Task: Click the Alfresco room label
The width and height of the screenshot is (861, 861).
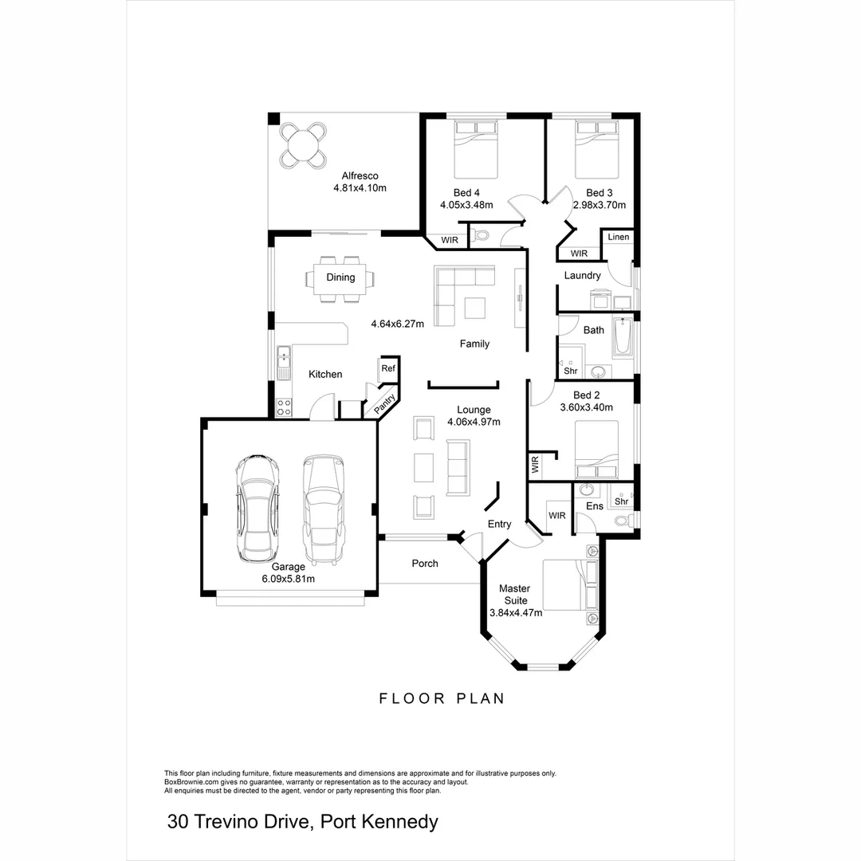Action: tap(360, 176)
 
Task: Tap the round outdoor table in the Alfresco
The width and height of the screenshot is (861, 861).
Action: tap(303, 145)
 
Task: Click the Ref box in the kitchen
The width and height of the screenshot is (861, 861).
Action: tap(387, 368)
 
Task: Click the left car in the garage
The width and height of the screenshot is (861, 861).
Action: tap(256, 508)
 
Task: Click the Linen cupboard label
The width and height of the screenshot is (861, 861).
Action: tap(619, 237)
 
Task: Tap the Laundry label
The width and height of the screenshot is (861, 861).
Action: tap(582, 276)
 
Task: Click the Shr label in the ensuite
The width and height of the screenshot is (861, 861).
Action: tap(621, 501)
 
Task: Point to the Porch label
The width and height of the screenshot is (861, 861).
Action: tap(424, 564)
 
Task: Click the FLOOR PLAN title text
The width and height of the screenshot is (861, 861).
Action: tap(441, 698)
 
